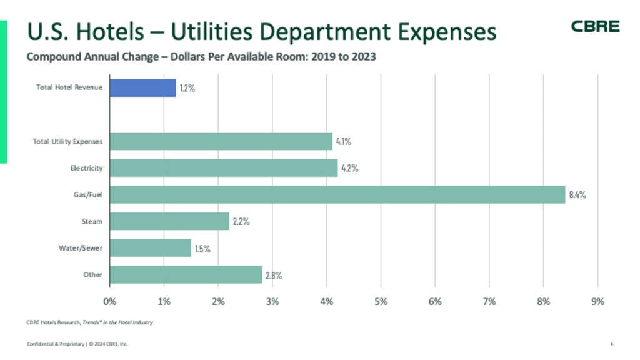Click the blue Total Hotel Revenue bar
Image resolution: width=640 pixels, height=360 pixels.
(x=143, y=87)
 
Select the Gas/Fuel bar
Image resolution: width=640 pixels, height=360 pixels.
(x=337, y=195)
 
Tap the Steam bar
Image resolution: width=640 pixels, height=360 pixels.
(x=169, y=221)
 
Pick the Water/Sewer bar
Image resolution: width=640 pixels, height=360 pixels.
(x=150, y=247)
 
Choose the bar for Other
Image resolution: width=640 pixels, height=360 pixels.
(x=186, y=275)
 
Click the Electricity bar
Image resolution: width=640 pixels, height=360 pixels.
(x=224, y=167)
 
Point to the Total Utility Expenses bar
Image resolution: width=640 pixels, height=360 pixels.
(x=221, y=141)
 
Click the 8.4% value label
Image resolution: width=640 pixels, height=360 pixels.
(x=577, y=195)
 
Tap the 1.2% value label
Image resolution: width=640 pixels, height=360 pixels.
(x=187, y=88)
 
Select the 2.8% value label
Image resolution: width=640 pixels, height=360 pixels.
(x=274, y=276)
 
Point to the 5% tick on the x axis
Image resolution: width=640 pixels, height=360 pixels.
(x=381, y=302)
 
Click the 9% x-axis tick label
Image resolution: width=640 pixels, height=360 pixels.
(x=597, y=302)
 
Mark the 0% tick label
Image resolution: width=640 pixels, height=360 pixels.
(x=110, y=302)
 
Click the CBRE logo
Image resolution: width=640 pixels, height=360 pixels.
(x=595, y=26)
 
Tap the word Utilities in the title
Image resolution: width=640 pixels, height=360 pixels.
(x=211, y=31)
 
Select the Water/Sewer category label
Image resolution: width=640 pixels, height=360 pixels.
(x=81, y=248)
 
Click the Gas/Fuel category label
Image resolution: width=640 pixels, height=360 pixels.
(x=87, y=195)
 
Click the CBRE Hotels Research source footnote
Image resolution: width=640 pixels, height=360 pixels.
(x=90, y=322)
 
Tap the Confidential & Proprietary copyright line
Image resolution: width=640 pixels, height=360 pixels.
(x=77, y=344)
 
